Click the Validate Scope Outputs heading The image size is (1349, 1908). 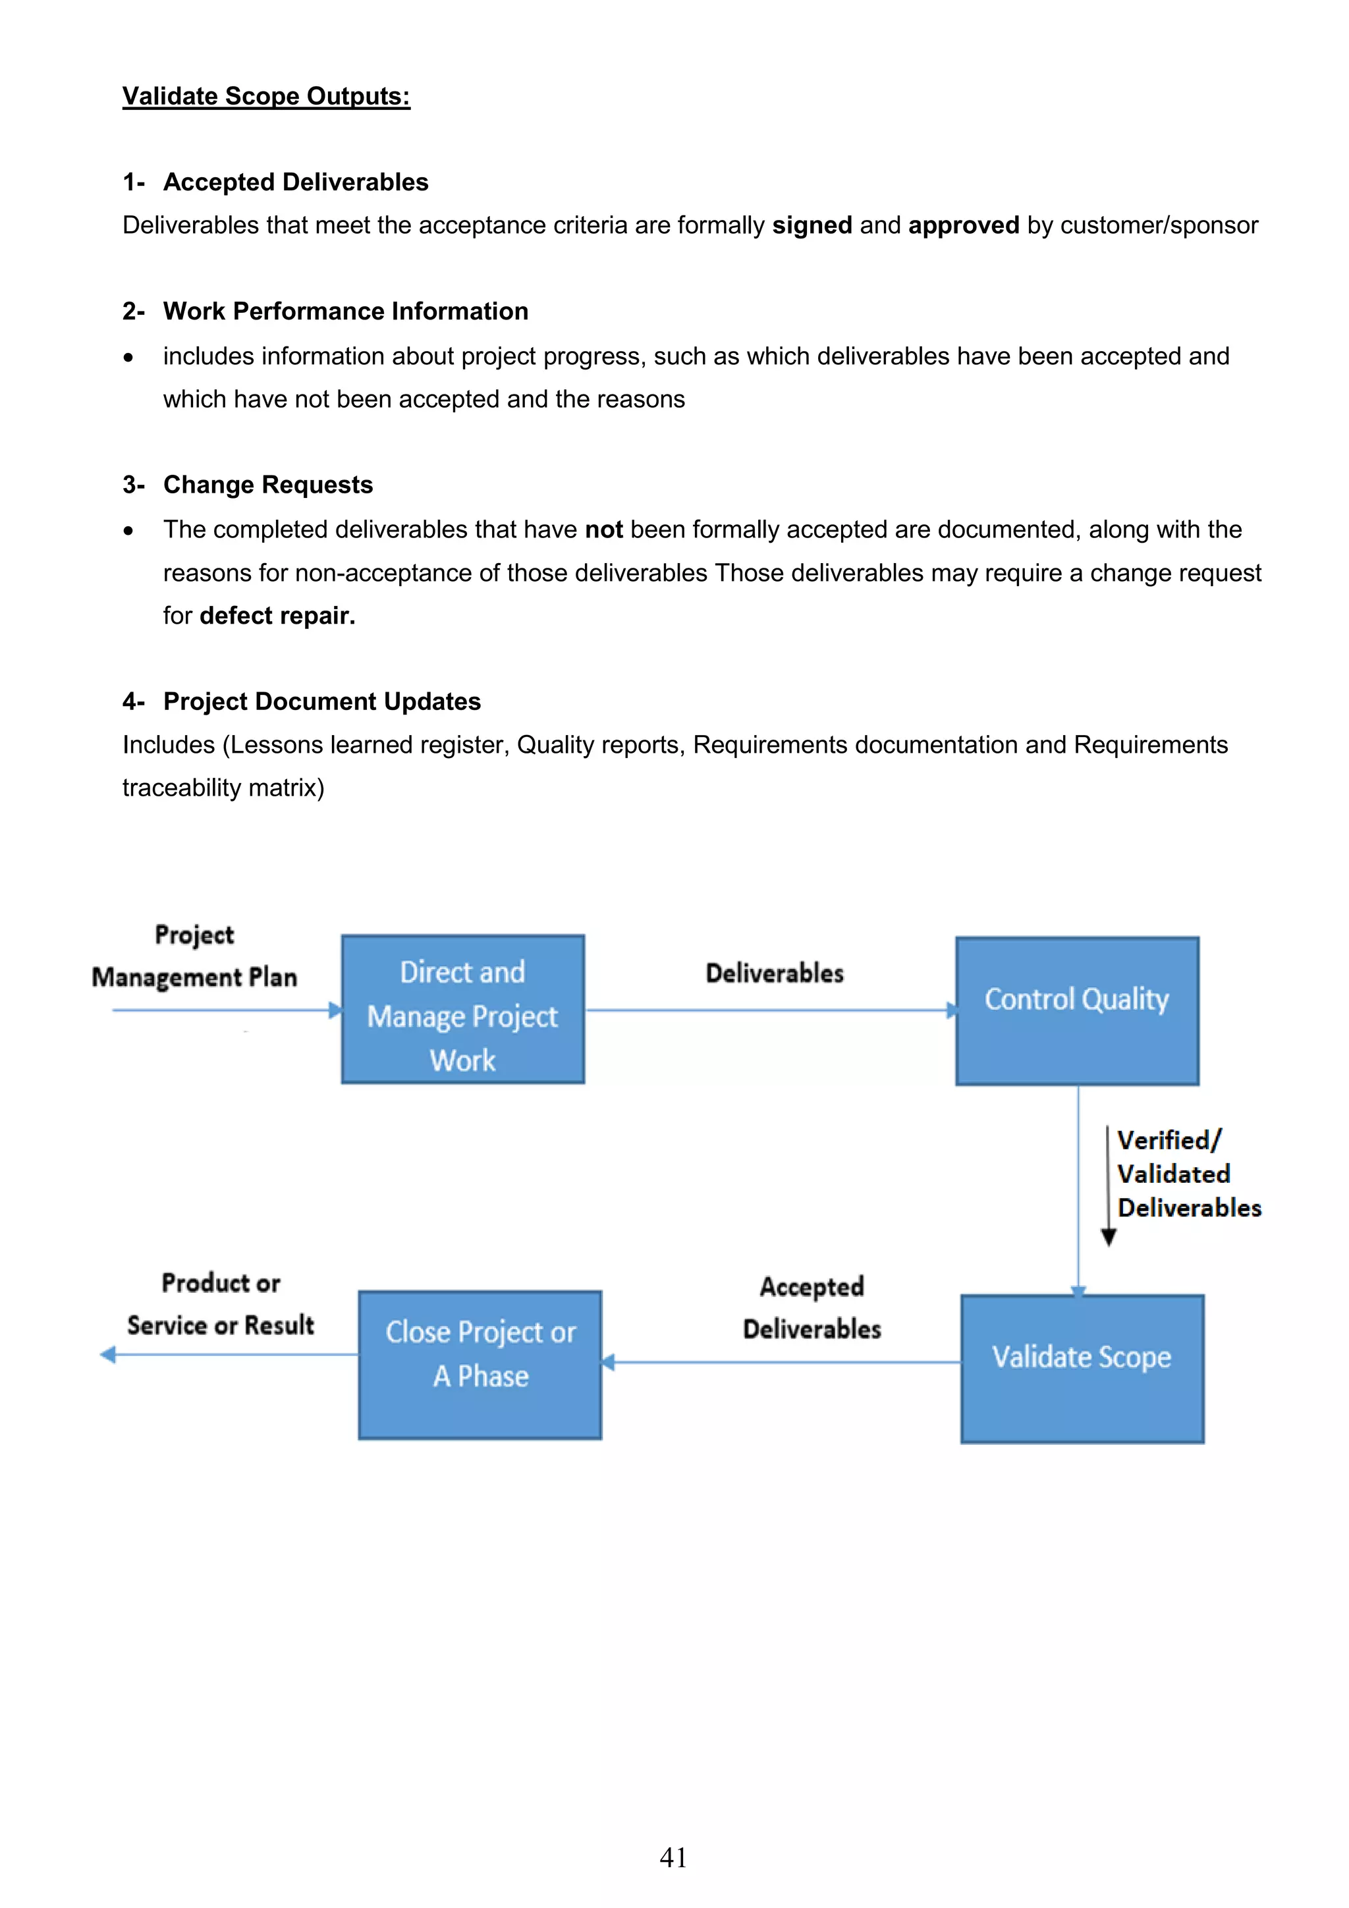click(x=266, y=96)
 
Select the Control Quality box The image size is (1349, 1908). click(x=1076, y=1010)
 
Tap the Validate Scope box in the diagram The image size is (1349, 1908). click(x=1082, y=1369)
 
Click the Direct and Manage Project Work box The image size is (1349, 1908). click(x=462, y=1009)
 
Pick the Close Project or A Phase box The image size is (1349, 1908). click(x=480, y=1365)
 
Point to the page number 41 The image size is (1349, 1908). click(x=673, y=1857)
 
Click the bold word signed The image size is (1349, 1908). click(x=812, y=225)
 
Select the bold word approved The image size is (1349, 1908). click(x=963, y=225)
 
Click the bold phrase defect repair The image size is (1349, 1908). click(x=277, y=616)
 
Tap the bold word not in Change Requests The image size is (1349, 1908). click(x=603, y=530)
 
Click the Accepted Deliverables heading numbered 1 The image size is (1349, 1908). click(x=295, y=182)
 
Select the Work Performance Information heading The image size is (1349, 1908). click(x=345, y=311)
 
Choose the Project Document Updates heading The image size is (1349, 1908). click(x=321, y=701)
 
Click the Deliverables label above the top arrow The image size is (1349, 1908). click(x=774, y=973)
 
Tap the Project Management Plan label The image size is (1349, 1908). click(x=194, y=956)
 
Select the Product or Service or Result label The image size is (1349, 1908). click(x=220, y=1304)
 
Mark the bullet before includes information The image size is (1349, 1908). click(x=128, y=358)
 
